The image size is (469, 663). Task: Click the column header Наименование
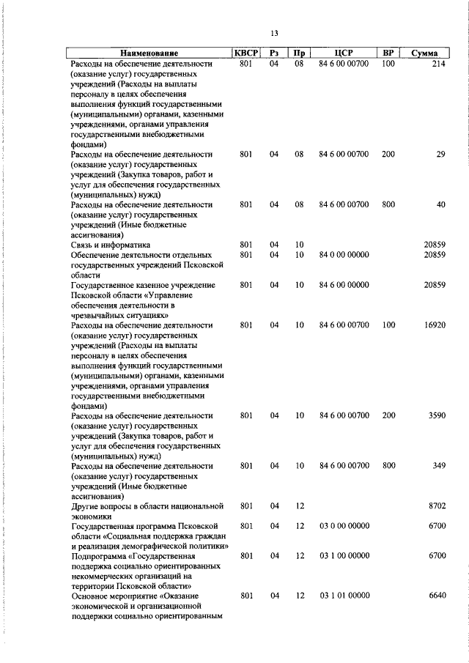(149, 53)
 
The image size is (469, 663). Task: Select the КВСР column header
(245, 53)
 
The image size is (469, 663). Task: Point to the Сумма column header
(425, 53)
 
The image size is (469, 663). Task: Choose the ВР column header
(388, 53)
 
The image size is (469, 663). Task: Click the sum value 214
(438, 64)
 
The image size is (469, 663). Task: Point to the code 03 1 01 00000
(344, 596)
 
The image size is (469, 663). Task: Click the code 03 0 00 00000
(344, 526)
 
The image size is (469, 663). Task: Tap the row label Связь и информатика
(110, 244)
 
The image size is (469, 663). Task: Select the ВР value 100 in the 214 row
(388, 64)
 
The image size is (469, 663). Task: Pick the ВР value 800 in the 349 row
(388, 466)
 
